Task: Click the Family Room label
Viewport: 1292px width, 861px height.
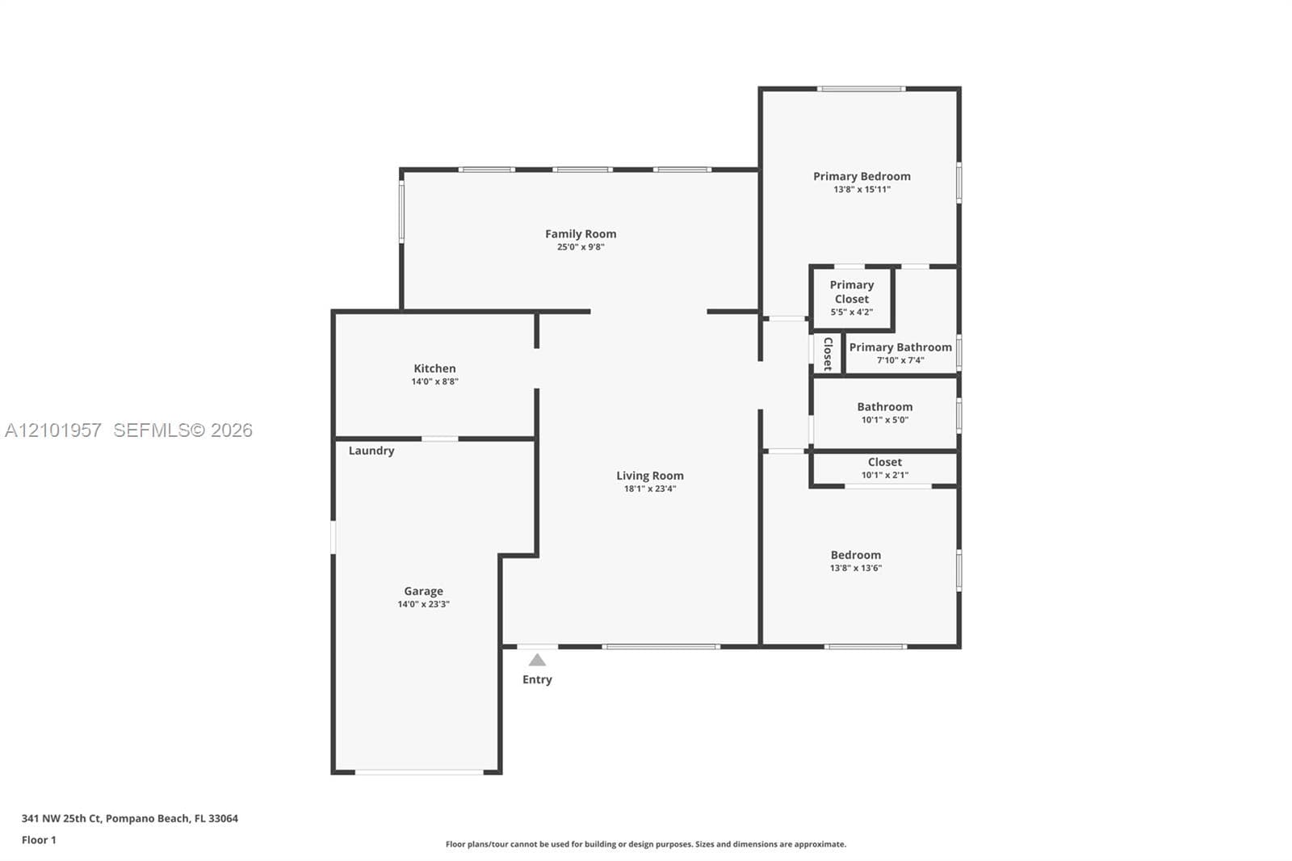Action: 581,233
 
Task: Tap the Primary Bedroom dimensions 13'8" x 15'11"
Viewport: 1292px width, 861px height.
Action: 862,189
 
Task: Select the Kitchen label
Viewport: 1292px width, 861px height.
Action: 434,368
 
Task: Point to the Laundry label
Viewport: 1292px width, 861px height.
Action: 371,451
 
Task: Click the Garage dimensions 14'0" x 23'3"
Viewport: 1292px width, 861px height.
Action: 423,604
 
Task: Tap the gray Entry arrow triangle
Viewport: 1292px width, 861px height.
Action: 537,660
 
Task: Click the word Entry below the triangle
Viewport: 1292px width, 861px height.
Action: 537,680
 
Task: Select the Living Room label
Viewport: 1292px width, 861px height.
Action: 649,476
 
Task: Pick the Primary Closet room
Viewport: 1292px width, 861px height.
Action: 852,298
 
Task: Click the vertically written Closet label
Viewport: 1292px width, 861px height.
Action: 828,354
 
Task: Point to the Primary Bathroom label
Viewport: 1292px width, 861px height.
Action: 900,346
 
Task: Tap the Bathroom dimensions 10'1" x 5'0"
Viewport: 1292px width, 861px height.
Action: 885,420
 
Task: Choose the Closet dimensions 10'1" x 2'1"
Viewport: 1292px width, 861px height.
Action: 885,475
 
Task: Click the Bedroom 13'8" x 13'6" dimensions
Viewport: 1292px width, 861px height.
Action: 856,568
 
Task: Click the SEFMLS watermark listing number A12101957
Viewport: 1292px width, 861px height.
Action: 53,430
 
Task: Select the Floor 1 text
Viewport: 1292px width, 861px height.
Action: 39,840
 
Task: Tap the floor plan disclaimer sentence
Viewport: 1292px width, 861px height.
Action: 646,844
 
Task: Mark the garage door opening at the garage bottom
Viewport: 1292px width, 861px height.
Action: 419,772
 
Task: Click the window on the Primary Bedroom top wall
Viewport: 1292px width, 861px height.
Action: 861,89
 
